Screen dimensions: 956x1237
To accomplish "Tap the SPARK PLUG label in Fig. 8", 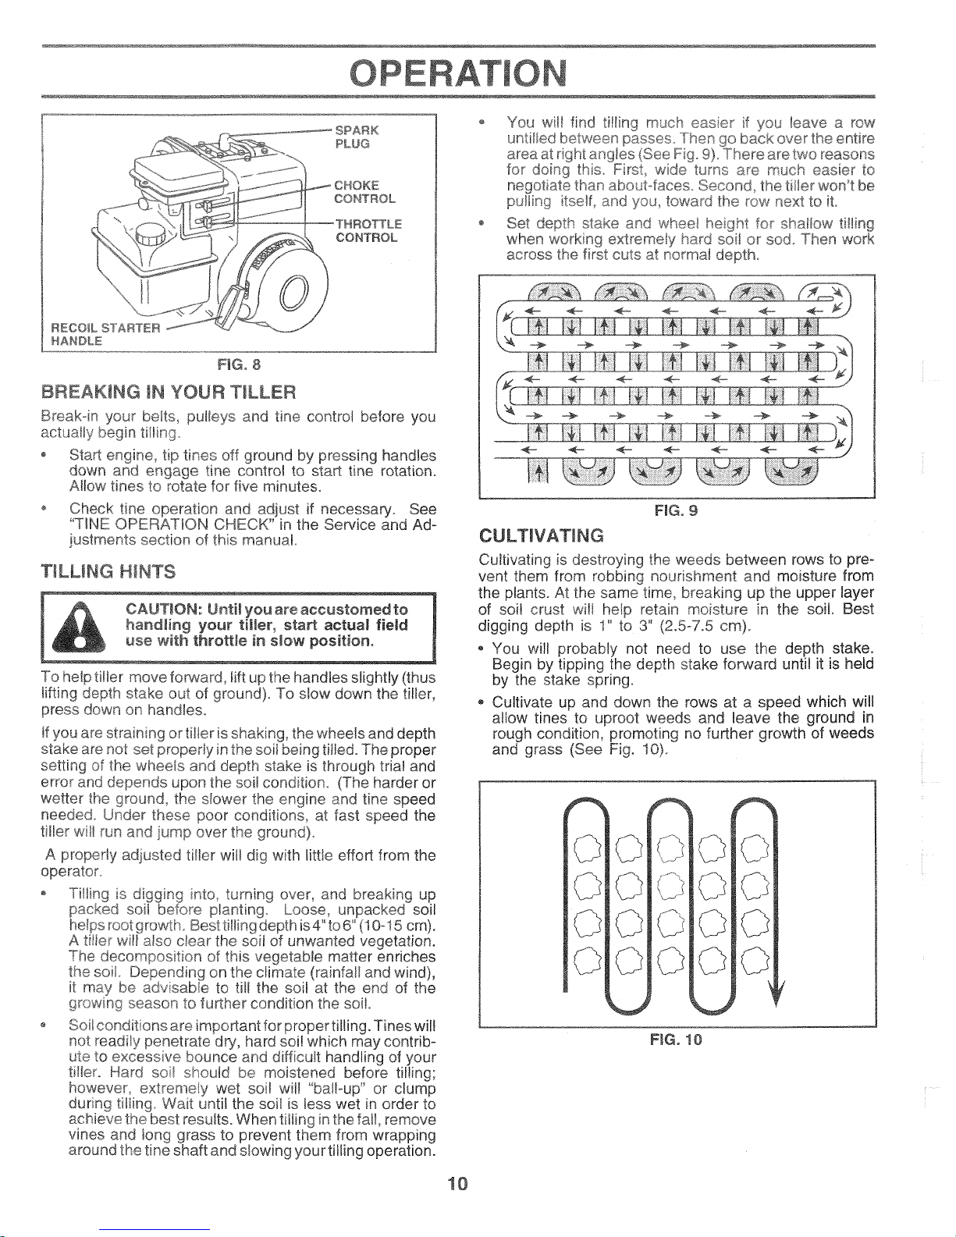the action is click(357, 137).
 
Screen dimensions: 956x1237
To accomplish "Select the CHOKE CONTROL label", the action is click(364, 192).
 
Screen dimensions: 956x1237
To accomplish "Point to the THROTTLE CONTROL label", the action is click(368, 230).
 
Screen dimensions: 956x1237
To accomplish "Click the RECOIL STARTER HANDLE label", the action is click(105, 334).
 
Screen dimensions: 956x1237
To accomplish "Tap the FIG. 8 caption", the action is click(239, 364).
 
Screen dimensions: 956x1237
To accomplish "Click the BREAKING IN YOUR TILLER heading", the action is click(169, 393).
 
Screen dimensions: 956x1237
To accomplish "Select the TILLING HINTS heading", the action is click(108, 571).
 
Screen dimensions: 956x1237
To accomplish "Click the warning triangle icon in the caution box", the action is click(79, 627).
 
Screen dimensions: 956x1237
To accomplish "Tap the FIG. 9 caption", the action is click(676, 510).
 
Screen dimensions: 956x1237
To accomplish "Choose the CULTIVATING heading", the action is click(541, 535).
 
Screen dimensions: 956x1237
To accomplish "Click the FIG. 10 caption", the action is click(676, 1040).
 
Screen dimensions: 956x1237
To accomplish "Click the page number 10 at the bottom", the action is click(457, 1183).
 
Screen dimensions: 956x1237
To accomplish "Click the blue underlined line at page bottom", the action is click(155, 1230).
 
